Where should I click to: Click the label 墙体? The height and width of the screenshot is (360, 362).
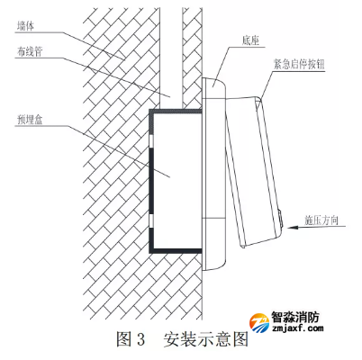(x=25, y=26)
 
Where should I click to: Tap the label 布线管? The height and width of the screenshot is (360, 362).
(x=30, y=52)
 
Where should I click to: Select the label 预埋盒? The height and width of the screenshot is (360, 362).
(x=30, y=120)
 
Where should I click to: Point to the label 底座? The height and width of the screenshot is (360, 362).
(x=250, y=40)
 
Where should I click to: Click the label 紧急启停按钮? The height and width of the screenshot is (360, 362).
(x=299, y=64)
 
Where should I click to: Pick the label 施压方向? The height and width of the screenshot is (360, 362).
(x=321, y=220)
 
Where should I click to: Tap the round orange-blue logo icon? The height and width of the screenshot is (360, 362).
(x=259, y=322)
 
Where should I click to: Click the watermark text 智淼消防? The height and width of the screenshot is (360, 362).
(x=295, y=317)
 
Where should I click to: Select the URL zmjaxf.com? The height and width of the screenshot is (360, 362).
(x=297, y=328)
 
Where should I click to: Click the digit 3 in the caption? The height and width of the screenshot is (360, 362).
(x=140, y=339)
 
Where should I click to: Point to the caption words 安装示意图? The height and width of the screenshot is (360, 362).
(x=206, y=339)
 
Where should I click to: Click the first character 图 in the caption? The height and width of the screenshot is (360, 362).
(x=123, y=339)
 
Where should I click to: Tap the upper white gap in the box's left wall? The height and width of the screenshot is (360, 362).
(x=151, y=141)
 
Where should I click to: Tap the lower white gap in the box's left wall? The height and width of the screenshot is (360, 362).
(x=151, y=221)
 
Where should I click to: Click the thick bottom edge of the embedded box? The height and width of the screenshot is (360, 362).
(x=176, y=251)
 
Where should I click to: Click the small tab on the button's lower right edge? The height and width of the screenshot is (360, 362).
(x=281, y=219)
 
